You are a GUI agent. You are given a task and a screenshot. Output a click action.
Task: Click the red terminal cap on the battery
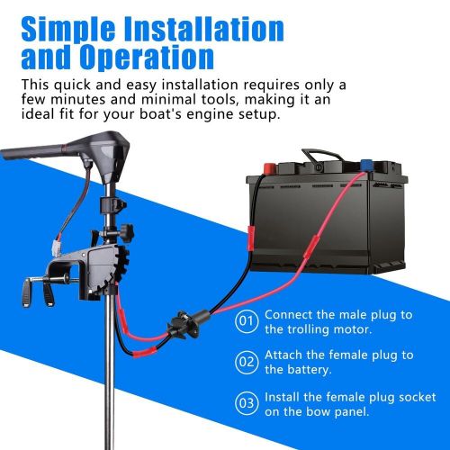[x=269, y=168]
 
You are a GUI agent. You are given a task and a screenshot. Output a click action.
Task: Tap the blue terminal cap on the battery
[x=366, y=165]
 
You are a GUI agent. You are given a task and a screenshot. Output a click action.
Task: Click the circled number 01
[x=247, y=321]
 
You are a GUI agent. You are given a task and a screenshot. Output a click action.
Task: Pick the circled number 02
[x=247, y=362]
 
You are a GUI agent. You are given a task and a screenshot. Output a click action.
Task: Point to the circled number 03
[x=247, y=403]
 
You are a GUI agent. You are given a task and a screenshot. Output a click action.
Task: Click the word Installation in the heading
[x=203, y=29]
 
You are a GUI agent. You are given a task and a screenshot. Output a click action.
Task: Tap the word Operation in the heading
[x=147, y=57]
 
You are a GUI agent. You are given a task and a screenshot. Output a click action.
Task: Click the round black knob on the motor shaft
[x=127, y=232]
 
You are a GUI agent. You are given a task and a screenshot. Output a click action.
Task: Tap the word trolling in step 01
[x=308, y=329]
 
